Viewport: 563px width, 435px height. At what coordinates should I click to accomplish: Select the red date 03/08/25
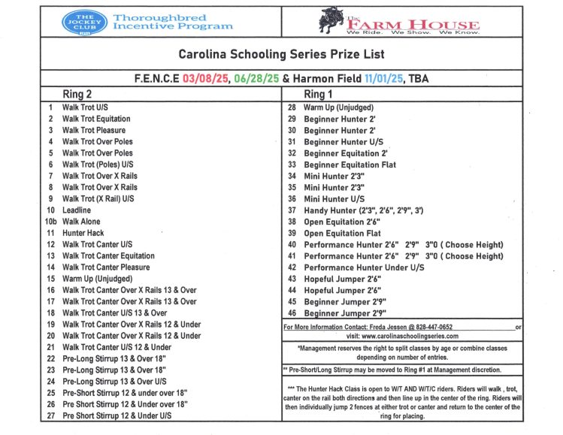pos(202,77)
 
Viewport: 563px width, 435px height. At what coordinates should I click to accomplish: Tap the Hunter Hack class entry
pos(83,234)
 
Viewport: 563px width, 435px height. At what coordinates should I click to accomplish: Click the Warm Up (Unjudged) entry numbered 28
pos(338,107)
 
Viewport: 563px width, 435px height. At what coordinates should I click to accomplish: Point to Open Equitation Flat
pos(341,234)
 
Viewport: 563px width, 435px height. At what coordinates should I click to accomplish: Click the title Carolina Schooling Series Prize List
pos(281,54)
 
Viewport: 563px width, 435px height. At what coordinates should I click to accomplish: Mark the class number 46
pos(292,313)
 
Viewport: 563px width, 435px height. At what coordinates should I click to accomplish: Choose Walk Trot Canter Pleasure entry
pos(106,267)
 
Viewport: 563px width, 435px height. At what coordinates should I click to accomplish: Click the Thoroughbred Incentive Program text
pos(173,22)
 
